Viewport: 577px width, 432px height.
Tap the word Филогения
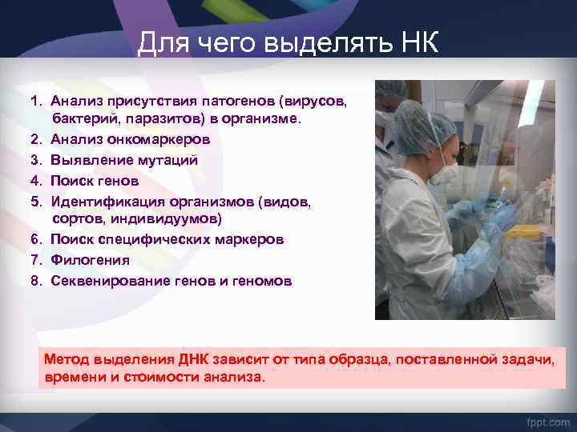(90, 260)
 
